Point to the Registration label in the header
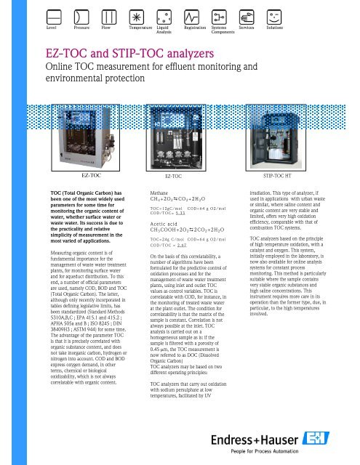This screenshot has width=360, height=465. [196, 28]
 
